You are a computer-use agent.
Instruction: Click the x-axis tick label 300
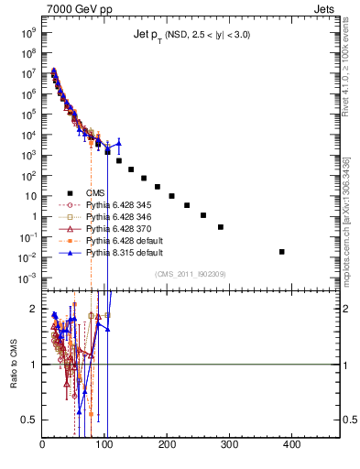pyautogui.click(x=229, y=446)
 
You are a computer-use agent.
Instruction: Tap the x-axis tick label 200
pyautogui.click(x=167, y=446)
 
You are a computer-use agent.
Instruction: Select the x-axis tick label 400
pyautogui.click(x=291, y=446)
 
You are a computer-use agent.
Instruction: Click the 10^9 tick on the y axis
pyautogui.click(x=27, y=30)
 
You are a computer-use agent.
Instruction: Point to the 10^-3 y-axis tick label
pyautogui.click(x=27, y=278)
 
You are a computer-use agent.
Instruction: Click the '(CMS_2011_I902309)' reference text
pyautogui.click(x=189, y=273)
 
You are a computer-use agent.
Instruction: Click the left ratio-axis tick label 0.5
pyautogui.click(x=30, y=420)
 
